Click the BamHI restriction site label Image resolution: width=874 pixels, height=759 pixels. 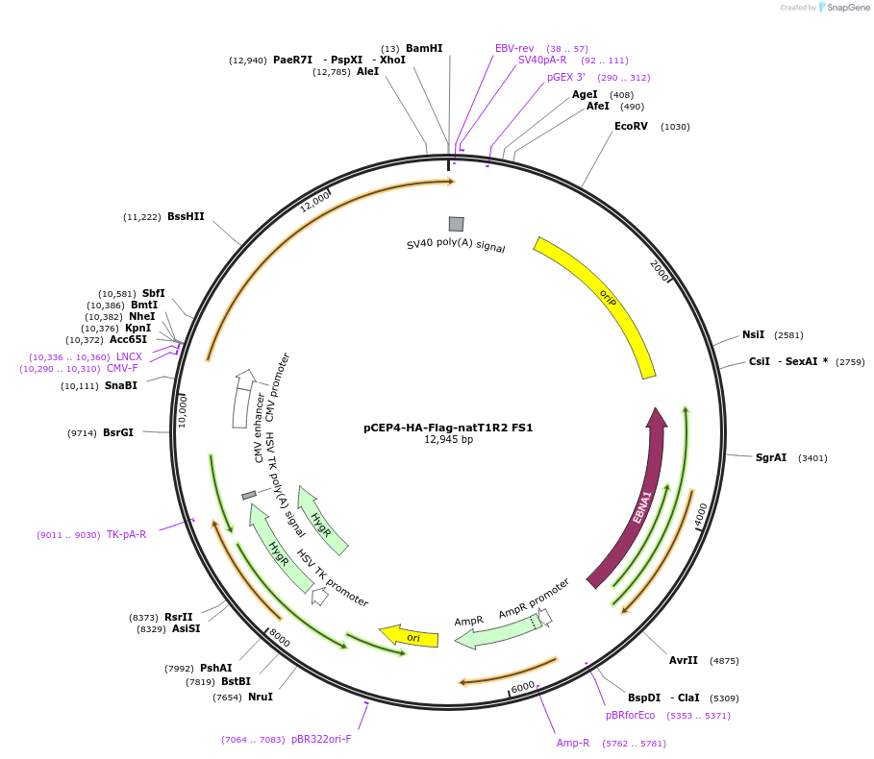pyautogui.click(x=424, y=48)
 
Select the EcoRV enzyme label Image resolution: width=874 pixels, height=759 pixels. pyautogui.click(x=631, y=126)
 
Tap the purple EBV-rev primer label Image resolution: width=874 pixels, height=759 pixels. pyautogui.click(x=514, y=48)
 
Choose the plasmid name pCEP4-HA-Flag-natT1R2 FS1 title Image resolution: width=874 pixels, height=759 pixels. pyautogui.click(x=448, y=428)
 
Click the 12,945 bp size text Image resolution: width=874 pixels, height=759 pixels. pyautogui.click(x=448, y=440)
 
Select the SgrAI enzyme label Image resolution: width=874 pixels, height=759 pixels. pyautogui.click(x=770, y=457)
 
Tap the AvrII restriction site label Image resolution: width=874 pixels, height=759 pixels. pyautogui.click(x=684, y=660)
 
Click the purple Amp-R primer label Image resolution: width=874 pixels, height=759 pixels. pyautogui.click(x=573, y=743)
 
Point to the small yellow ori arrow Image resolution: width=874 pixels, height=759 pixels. pyautogui.click(x=411, y=636)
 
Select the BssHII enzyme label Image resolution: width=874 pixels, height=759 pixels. pyautogui.click(x=186, y=217)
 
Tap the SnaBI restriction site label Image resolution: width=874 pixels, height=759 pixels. pyautogui.click(x=120, y=385)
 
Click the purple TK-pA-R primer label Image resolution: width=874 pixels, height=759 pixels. pyautogui.click(x=126, y=534)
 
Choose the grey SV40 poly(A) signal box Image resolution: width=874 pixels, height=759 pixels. pyautogui.click(x=456, y=224)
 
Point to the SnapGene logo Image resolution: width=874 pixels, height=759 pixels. pyautogui.click(x=843, y=8)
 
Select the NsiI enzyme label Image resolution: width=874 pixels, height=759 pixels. pyautogui.click(x=753, y=334)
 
